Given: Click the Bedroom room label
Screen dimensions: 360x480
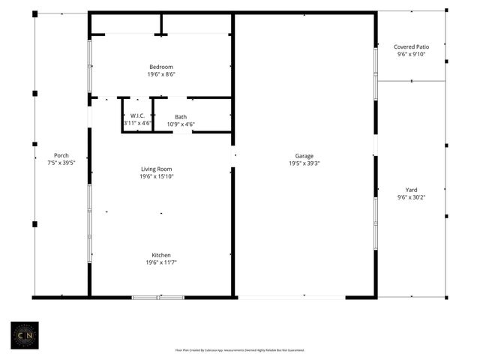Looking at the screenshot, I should point(161,67).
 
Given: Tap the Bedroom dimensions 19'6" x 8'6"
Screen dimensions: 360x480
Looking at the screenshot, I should point(161,74).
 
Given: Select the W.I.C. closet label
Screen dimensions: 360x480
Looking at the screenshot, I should point(137,115).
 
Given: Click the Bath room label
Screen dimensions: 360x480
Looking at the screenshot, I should point(181,116).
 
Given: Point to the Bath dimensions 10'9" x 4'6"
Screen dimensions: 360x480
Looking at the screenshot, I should point(181,124).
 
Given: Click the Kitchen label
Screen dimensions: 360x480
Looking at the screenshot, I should point(161,255).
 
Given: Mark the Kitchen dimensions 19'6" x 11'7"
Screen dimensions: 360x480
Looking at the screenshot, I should point(161,262).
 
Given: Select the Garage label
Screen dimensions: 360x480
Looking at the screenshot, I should point(304,156).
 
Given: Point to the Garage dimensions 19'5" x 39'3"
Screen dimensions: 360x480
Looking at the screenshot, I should point(304,163).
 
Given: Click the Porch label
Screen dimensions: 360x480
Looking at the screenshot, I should point(61,156).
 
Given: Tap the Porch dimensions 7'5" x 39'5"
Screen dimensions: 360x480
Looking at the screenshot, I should point(61,163).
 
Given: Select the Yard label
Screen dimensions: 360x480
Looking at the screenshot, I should point(411,190).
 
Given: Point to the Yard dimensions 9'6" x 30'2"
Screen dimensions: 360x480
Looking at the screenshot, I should point(411,197).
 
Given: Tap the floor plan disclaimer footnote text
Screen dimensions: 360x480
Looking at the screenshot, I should point(239,349).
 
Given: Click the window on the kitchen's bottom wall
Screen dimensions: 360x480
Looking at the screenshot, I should point(157,298).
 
